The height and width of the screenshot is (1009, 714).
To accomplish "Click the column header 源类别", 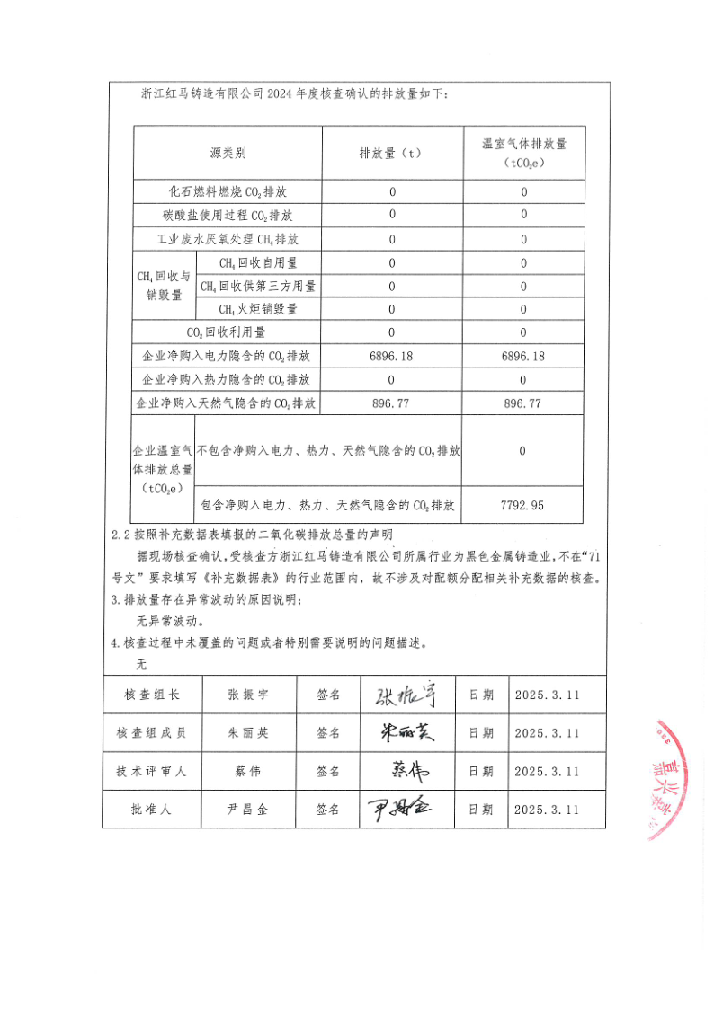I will pyautogui.click(x=228, y=154).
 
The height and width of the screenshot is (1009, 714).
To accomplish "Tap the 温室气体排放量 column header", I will pyautogui.click(x=523, y=153).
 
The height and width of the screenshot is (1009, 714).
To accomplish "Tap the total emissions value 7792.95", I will pyautogui.click(x=522, y=506).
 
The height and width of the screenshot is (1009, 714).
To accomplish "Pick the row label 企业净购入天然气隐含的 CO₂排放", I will pyautogui.click(x=228, y=404).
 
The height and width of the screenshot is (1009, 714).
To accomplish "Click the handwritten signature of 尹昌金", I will pyautogui.click(x=399, y=808).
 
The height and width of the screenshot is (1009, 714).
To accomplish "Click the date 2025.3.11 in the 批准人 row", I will pyautogui.click(x=548, y=810).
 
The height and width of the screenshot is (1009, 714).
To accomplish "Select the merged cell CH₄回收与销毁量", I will pyautogui.click(x=163, y=287).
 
